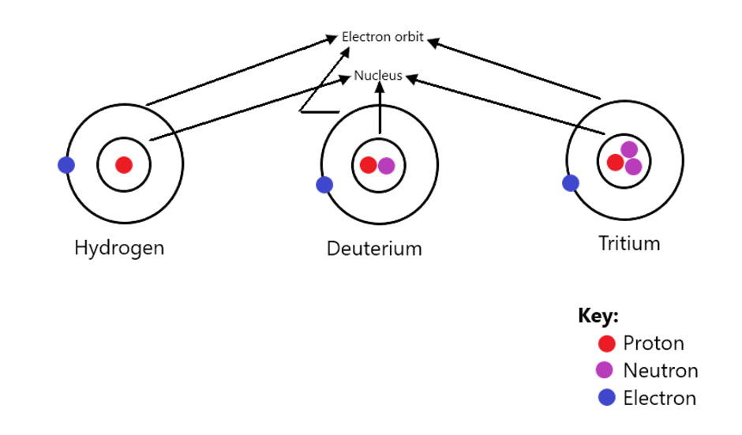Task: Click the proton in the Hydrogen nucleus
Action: coord(124,165)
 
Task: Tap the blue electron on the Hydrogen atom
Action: coord(66,165)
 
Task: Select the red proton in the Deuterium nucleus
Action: coord(368,165)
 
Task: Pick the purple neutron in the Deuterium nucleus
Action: coord(387,166)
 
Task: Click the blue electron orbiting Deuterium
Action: coord(324,185)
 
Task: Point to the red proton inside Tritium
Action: coord(615,163)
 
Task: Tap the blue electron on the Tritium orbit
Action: coord(570,183)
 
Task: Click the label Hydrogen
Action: coord(119,248)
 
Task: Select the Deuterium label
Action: coord(374,249)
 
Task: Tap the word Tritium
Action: coord(629,243)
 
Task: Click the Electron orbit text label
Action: coord(382,37)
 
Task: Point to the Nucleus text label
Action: coord(378,75)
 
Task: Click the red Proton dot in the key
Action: coord(607,343)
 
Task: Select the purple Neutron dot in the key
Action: coord(605,370)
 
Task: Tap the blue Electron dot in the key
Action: coord(607,398)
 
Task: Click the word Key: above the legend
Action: coord(598,316)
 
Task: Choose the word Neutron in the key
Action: coord(661,370)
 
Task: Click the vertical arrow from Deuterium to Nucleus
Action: coord(380,107)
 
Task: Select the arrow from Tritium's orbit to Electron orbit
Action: coord(514,69)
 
